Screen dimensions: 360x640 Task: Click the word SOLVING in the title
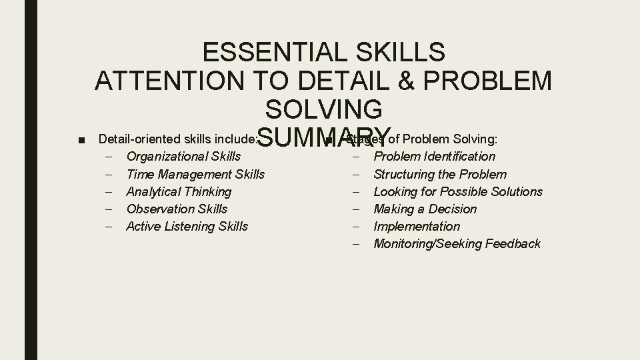pos(324,109)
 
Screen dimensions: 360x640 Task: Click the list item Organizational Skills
pos(183,157)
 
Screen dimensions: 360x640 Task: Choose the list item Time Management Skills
pos(195,174)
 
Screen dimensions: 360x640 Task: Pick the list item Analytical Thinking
pos(179,191)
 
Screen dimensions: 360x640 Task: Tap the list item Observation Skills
pos(177,209)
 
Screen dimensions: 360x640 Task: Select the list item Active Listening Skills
pos(187,226)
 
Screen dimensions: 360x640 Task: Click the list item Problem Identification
pos(435,157)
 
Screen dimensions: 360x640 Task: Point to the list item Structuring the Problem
pos(440,174)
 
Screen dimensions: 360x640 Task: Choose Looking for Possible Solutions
pos(458,191)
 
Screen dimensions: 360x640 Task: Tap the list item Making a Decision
pos(425,209)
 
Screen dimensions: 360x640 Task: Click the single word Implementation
pos(417,226)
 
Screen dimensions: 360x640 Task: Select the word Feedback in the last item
pos(513,243)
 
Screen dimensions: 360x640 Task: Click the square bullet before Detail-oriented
pos(81,140)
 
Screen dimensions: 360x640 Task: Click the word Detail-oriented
pos(137,139)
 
